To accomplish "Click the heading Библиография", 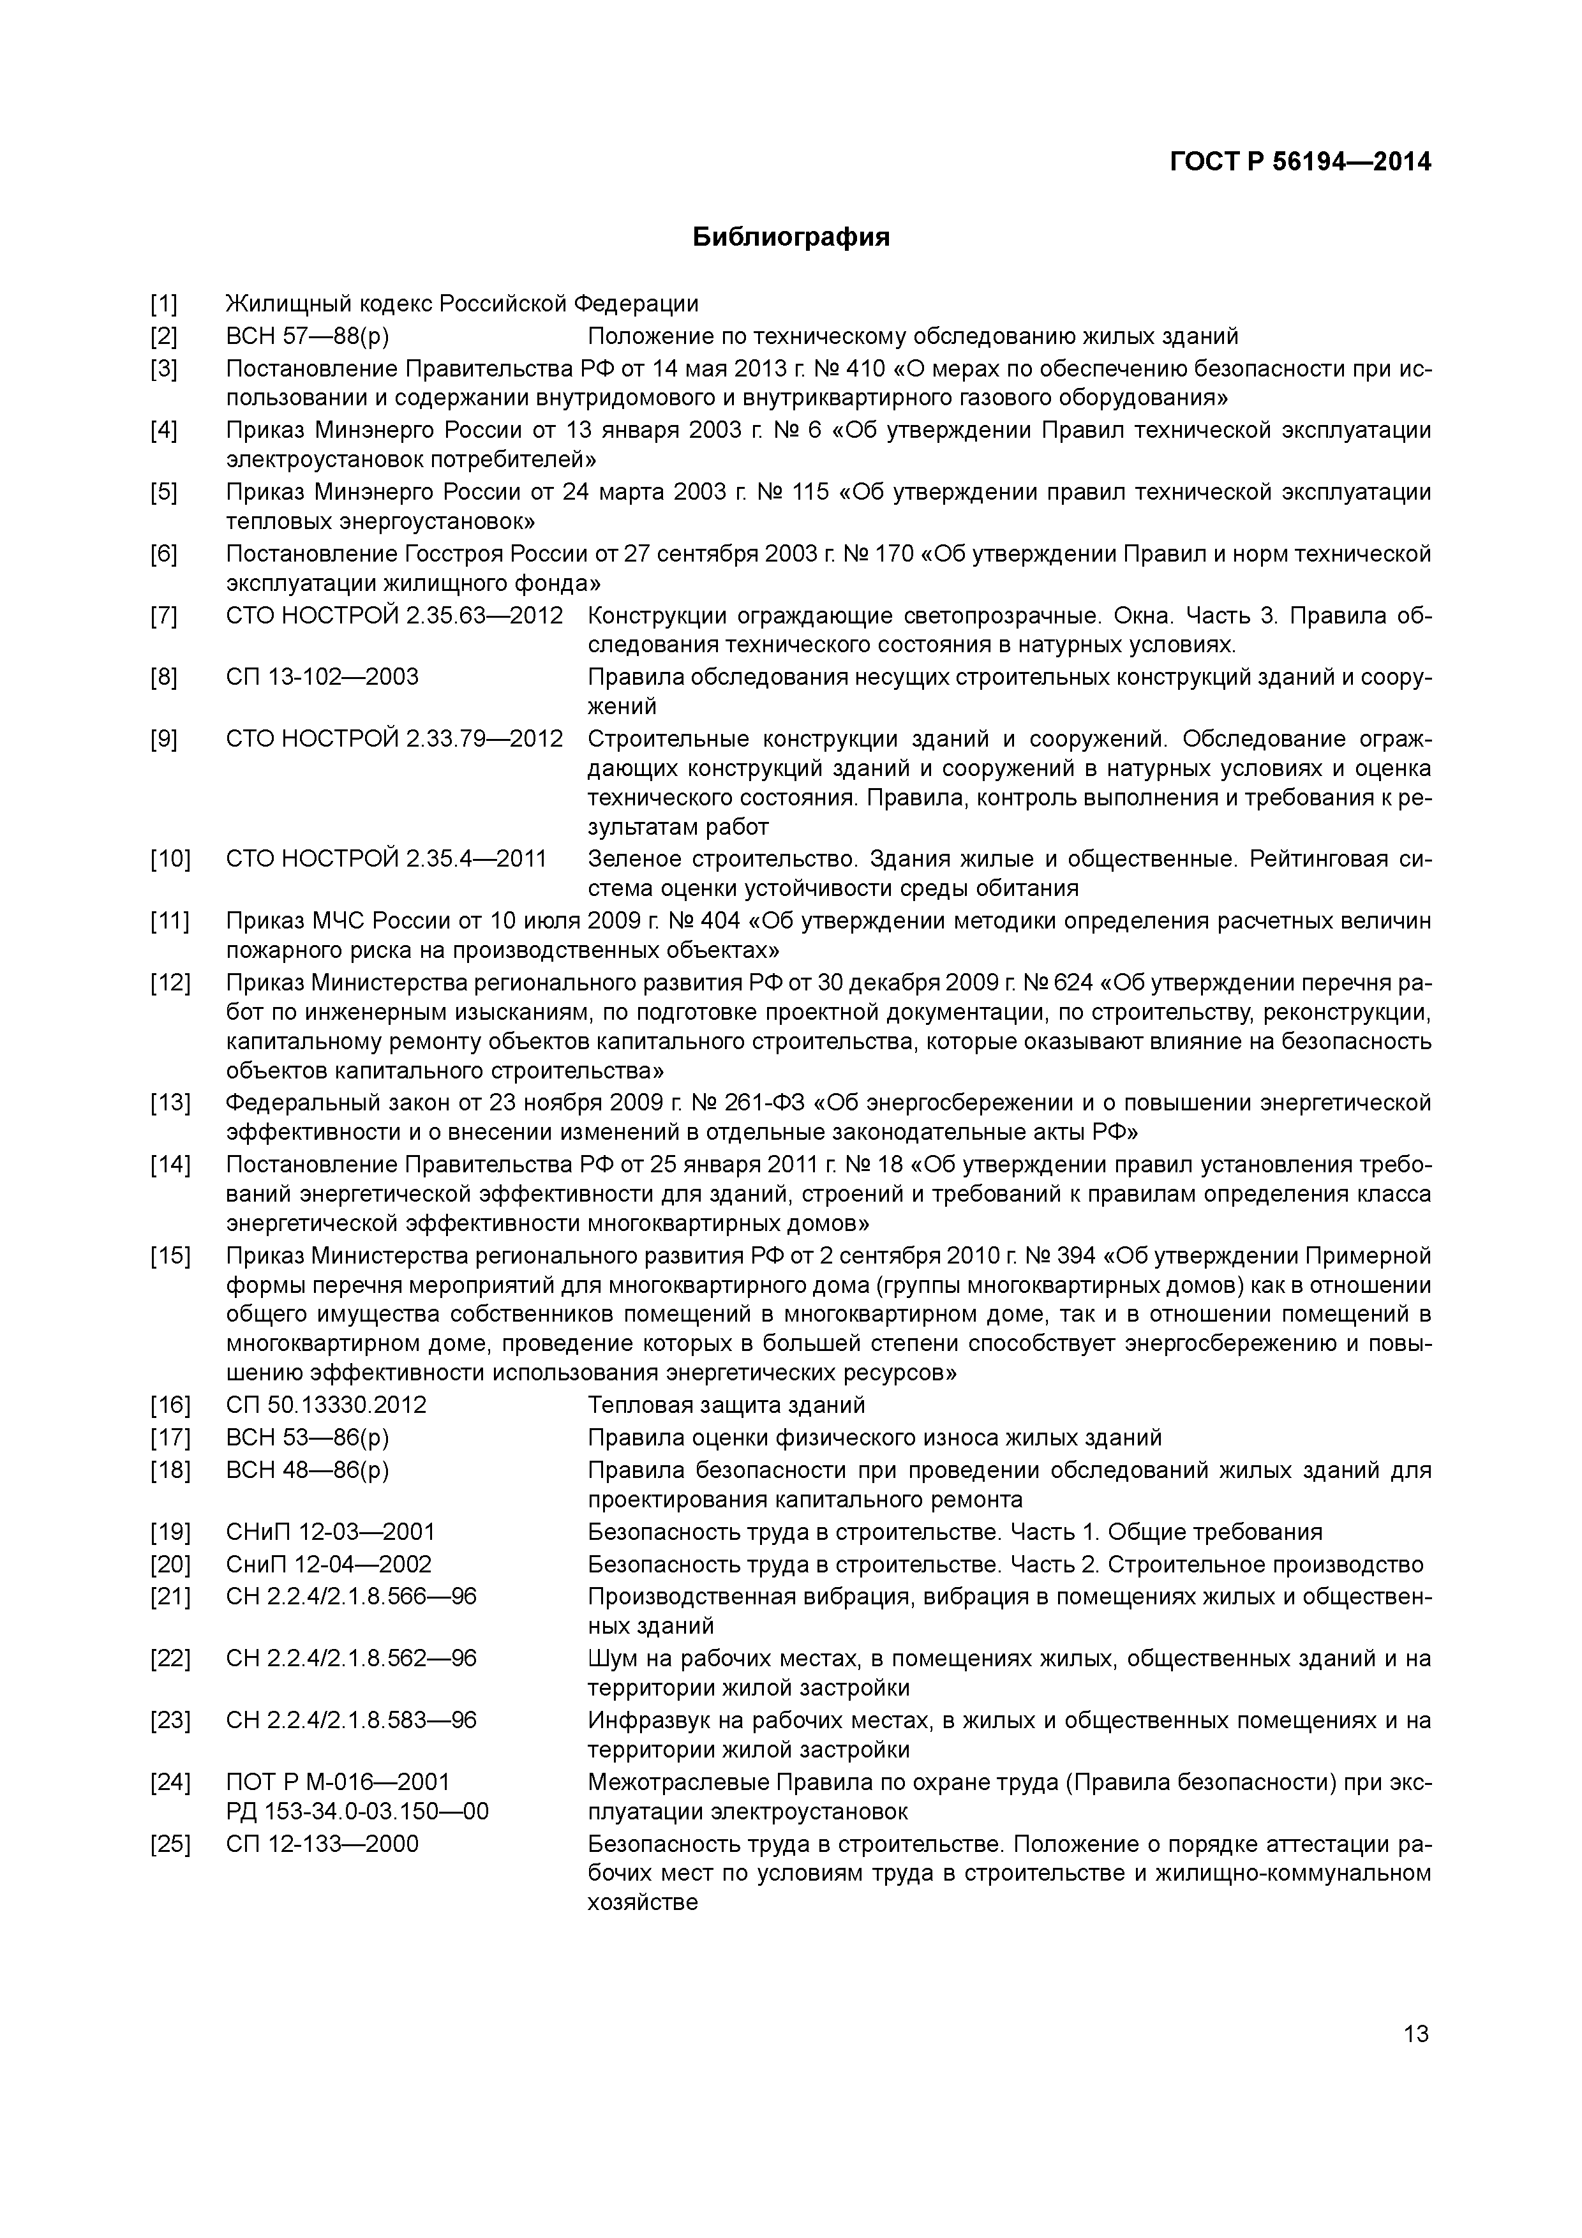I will (x=791, y=237).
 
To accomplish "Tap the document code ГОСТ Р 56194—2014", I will (x=1301, y=162).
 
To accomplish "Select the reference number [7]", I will (x=164, y=616).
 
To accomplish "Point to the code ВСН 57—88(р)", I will (x=307, y=337).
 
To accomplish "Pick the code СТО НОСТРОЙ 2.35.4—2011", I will (x=386, y=859).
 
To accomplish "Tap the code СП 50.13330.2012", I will (x=327, y=1405).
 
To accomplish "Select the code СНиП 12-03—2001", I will (x=331, y=1532).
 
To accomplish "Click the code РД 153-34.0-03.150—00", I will (x=357, y=1811).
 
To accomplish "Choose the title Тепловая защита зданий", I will (x=726, y=1405).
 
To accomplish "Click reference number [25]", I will (x=170, y=1843).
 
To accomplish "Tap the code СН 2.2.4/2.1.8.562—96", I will (x=351, y=1658).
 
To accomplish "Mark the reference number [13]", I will (x=170, y=1103).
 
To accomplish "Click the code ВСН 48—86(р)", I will (x=307, y=1470).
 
